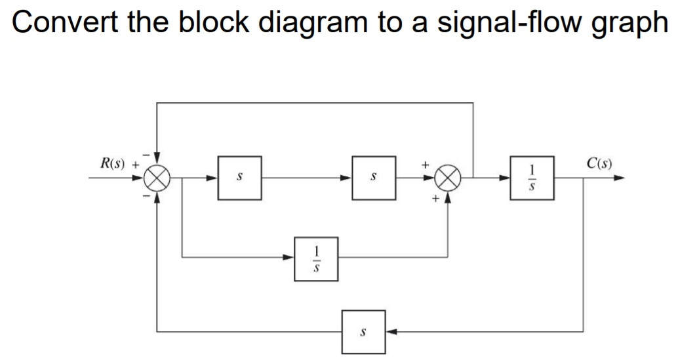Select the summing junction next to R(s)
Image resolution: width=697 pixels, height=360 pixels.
coord(157,177)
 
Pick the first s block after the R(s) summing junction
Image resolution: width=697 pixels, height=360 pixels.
coord(240,177)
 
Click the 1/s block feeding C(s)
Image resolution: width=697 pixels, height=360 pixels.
coord(532,177)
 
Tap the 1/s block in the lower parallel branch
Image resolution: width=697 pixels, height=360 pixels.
coord(316,258)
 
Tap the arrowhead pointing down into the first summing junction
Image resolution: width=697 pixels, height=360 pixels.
coord(157,161)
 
